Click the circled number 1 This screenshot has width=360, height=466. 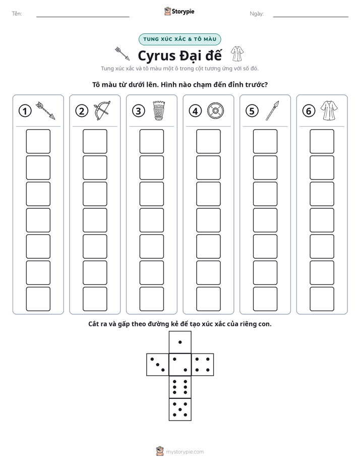[x=25, y=111]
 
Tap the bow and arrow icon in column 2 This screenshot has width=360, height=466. [x=102, y=110]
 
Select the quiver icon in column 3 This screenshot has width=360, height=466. [x=159, y=110]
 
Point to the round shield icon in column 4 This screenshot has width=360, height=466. [x=215, y=111]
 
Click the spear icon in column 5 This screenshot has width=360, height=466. [x=272, y=110]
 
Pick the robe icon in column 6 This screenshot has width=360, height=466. [x=329, y=110]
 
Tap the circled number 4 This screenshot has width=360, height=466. [x=195, y=111]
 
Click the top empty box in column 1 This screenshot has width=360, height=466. [x=38, y=141]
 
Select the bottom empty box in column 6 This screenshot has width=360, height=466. [x=322, y=299]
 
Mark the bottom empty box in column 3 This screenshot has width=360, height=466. [x=151, y=299]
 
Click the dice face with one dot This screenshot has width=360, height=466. [x=180, y=342]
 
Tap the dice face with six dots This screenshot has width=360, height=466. [x=180, y=387]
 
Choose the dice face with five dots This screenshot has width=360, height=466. [x=180, y=410]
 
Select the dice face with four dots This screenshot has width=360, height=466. [x=203, y=365]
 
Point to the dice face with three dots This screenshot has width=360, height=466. [x=158, y=365]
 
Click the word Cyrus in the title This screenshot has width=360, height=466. [x=156, y=56]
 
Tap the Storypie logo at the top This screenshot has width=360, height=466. [x=179, y=11]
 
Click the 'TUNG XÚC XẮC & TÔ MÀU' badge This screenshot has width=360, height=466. [x=179, y=39]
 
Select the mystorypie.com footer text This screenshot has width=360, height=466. [x=185, y=452]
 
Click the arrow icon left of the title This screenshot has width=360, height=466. [x=123, y=53]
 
